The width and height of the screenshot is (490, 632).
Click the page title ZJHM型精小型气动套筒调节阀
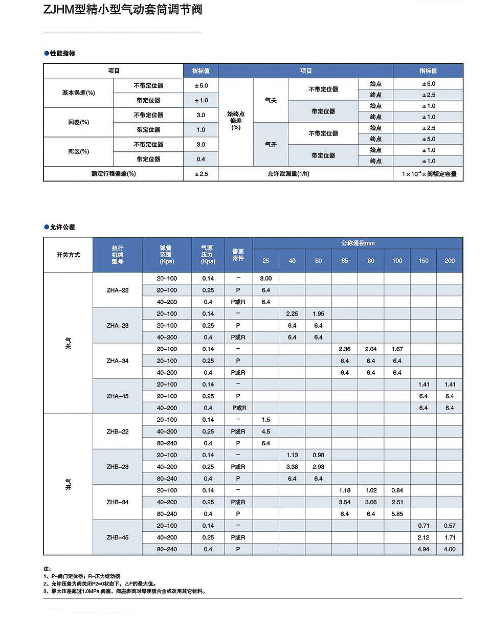pos(123,9)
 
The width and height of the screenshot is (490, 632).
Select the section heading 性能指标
pos(62,53)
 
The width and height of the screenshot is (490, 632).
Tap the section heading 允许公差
pos(62,227)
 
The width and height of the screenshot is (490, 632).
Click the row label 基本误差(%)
pos(78,93)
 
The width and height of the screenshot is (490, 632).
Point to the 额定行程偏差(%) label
pos(113,174)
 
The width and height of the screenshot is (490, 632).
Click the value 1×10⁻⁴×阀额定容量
pos(429,174)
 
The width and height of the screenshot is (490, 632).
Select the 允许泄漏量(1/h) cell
pos(288,174)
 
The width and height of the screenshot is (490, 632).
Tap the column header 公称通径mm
pos(358,243)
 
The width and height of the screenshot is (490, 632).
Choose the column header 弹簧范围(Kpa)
pos(167,255)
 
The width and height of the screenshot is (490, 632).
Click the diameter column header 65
pos(345,261)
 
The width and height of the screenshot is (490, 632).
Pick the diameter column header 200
pos(450,261)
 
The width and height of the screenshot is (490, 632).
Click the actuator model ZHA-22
pos(118,290)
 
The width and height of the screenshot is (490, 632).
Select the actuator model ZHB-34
pos(118,502)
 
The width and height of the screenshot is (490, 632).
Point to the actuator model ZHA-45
pos(118,396)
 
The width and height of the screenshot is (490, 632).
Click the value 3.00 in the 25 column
pos(266,279)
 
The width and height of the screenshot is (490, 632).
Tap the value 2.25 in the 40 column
pos(292,314)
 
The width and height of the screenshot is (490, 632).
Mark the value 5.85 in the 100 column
pos(397,514)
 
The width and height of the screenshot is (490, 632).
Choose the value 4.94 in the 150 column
pos(424,549)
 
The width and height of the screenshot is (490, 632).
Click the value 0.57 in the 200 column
pos(450,526)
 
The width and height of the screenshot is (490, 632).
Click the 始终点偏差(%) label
pos(236,121)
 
